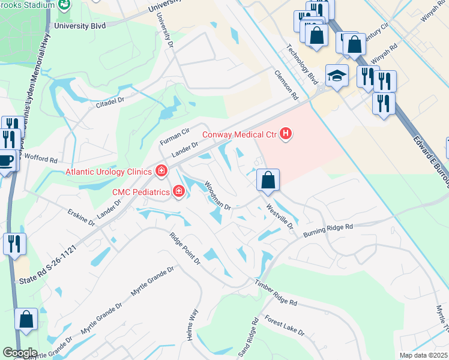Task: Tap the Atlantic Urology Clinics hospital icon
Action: click(x=161, y=172)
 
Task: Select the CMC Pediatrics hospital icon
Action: click(x=178, y=191)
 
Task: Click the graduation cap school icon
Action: click(x=337, y=76)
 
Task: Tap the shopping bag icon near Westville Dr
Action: click(x=268, y=179)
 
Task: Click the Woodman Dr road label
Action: click(x=217, y=196)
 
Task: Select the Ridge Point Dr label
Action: click(x=184, y=248)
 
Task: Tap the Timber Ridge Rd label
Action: click(x=276, y=294)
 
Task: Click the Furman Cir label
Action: click(x=174, y=136)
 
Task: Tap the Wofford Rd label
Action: click(x=41, y=160)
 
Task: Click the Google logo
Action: click(x=19, y=353)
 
